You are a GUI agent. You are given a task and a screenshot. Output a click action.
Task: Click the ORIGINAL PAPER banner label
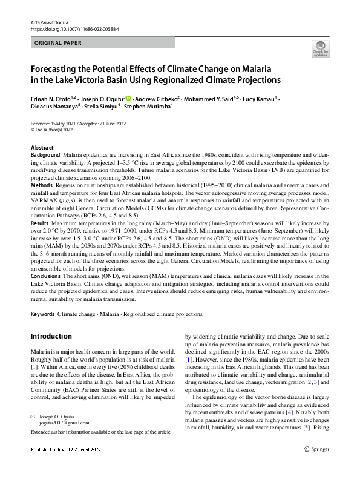pos(59,42)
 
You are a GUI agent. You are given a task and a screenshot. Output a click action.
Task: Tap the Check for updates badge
pos(320,48)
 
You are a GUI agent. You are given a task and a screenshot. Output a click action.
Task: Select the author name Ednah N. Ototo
pos(52,98)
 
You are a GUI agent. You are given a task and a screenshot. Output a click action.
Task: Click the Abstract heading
pos(42,148)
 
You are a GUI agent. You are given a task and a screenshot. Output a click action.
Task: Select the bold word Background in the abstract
pos(45,156)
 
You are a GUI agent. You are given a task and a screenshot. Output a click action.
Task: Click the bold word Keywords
pos(42,315)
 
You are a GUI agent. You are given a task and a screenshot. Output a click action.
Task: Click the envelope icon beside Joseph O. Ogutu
pos(34,417)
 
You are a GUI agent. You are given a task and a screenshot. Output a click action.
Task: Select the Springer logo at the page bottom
pos(317,466)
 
